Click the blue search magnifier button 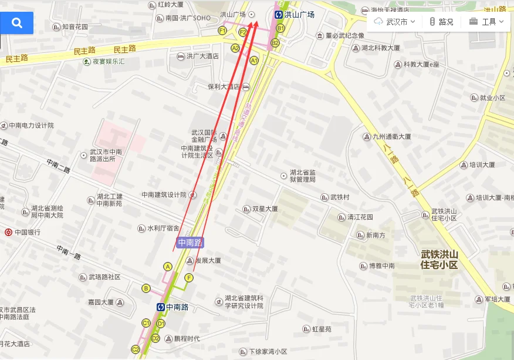[16, 23]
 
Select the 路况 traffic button [441, 22]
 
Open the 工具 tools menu [486, 22]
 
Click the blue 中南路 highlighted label [190, 242]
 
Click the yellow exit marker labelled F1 [222, 31]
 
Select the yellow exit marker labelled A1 [254, 60]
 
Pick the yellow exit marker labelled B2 [275, 42]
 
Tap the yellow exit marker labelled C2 [136, 349]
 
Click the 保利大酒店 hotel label [224, 87]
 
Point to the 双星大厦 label [264, 209]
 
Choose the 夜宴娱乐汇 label [108, 61]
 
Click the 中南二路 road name [59, 166]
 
